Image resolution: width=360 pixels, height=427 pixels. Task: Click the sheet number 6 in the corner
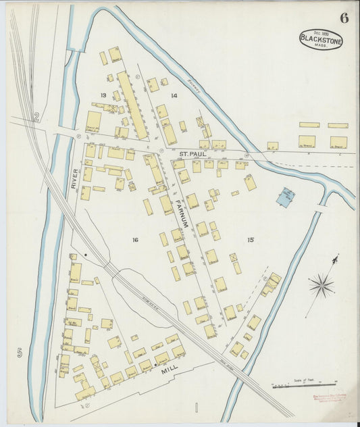[344, 18]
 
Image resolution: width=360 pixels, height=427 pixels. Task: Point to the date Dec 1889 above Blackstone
[322, 32]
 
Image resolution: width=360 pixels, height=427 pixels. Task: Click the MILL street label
[168, 371]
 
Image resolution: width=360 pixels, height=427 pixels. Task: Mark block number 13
[103, 95]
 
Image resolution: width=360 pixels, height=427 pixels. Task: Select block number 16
[135, 239]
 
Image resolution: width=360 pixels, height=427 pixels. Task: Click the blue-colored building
[286, 197]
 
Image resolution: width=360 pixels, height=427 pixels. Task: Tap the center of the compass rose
[322, 284]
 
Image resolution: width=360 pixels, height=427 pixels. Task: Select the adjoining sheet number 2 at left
[36, 118]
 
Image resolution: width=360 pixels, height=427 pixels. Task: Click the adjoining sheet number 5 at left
[20, 352]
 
